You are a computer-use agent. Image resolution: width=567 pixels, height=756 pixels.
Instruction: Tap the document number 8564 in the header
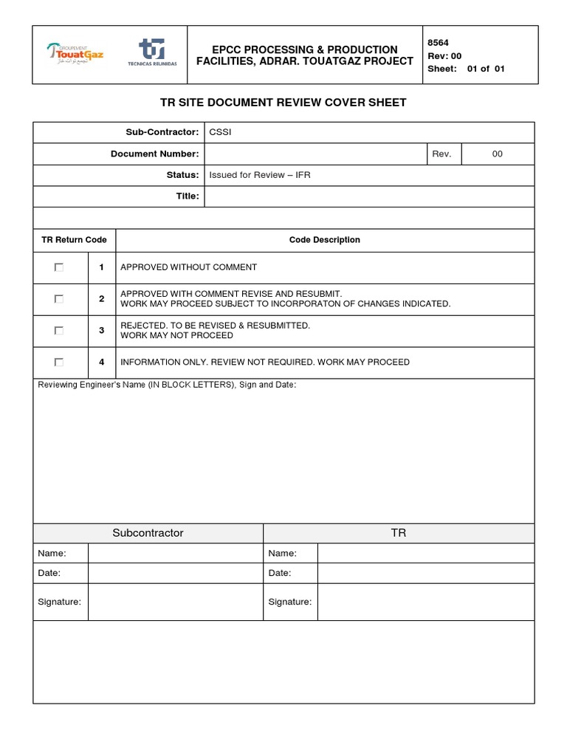point(438,43)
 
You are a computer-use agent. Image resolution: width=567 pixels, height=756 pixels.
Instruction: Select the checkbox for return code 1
point(59,267)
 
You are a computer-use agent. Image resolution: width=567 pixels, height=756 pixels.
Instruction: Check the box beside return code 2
point(59,299)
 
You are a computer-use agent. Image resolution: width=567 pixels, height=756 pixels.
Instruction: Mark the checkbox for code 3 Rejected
point(59,330)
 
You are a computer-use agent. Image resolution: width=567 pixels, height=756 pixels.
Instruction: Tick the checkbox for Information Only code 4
point(59,362)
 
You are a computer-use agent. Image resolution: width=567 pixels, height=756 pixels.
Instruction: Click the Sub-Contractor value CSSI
point(220,132)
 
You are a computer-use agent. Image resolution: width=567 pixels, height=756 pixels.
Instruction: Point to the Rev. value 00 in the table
point(497,154)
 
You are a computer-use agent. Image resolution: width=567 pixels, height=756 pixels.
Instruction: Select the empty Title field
point(369,196)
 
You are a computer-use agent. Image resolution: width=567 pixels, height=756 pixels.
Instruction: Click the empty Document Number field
point(315,154)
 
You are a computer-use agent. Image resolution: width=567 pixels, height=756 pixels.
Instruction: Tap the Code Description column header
point(324,240)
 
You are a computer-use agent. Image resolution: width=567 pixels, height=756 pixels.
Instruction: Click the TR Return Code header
point(74,240)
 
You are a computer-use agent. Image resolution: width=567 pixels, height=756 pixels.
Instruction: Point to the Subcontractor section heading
point(148,532)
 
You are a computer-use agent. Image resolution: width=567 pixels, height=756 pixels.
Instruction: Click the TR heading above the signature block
point(399,532)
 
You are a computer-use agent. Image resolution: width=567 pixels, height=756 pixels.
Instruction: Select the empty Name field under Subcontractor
point(175,553)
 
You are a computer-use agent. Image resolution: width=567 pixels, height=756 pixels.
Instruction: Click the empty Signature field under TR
point(425,602)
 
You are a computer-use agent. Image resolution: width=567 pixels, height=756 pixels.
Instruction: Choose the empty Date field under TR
point(425,573)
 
